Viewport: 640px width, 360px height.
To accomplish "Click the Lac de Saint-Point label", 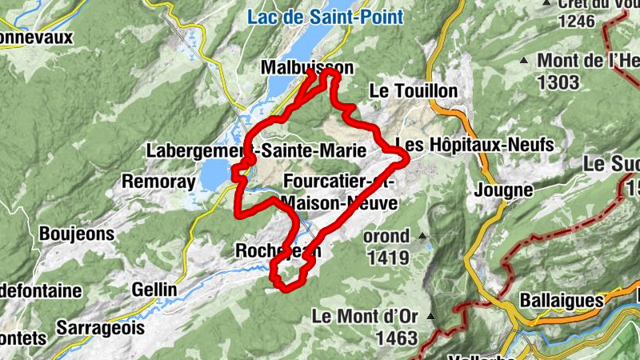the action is tap(325, 16).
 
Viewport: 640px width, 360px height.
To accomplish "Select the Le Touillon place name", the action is tap(413, 91).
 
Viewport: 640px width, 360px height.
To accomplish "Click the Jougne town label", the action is tap(503, 190).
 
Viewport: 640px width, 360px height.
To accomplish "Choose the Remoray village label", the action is tap(158, 182).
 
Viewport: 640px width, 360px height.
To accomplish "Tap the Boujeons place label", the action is tap(77, 234).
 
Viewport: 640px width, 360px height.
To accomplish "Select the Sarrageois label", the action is tap(101, 327).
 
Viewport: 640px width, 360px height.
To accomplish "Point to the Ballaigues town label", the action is tap(561, 300).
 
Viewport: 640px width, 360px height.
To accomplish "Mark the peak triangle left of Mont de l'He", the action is tap(524, 61).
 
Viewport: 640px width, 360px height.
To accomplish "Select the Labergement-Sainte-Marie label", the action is tap(256, 150).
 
